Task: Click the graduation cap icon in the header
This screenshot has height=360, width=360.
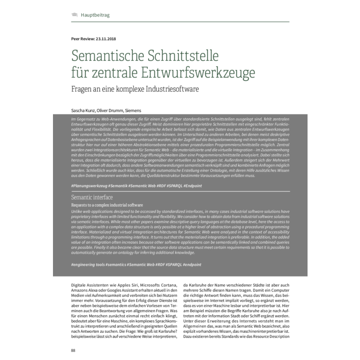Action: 74,15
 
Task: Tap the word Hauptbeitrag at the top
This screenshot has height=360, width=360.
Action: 95,15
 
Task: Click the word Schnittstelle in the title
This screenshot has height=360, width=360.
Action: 176,55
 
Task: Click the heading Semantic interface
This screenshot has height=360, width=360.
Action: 92,197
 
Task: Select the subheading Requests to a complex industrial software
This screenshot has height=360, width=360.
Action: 103,205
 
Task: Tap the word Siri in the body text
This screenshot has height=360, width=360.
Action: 129,284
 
